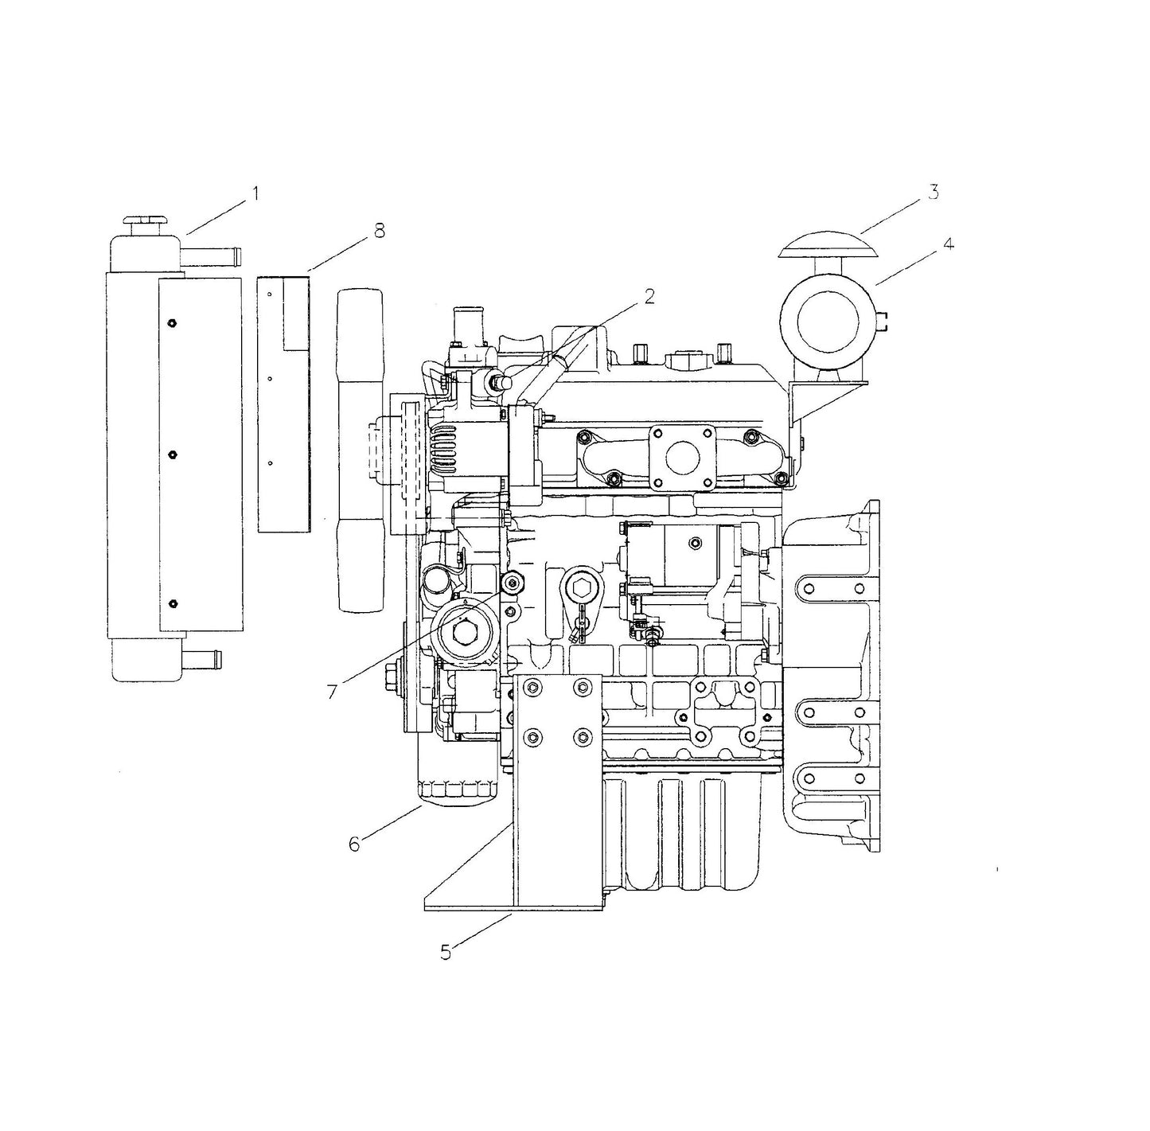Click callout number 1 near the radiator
(255, 193)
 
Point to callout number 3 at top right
(933, 192)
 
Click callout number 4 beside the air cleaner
(947, 244)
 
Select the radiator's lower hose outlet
(203, 659)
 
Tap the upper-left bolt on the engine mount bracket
(532, 686)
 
